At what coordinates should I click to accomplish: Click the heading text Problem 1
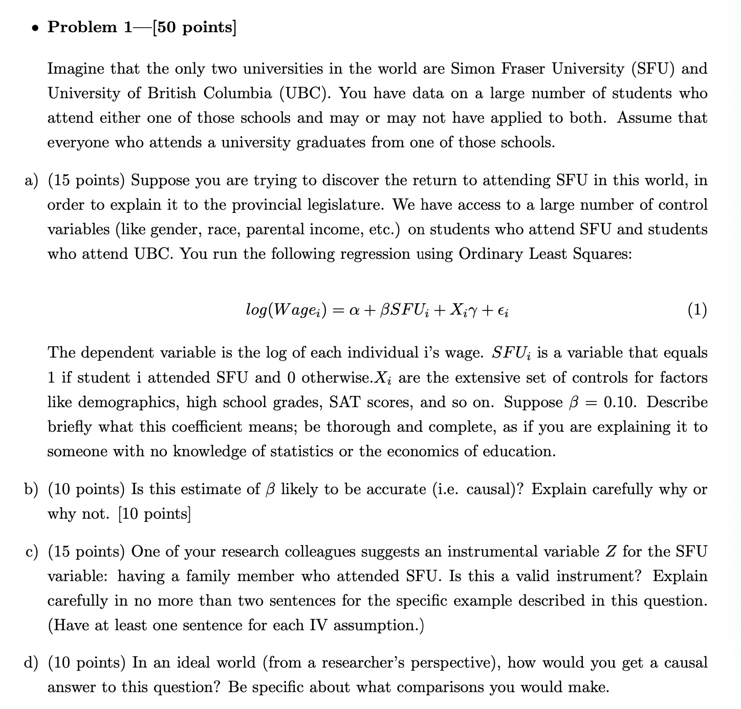click(x=90, y=27)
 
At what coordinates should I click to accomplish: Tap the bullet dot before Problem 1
click(x=34, y=28)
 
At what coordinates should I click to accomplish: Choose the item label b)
click(x=31, y=489)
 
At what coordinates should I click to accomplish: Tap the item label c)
click(x=31, y=551)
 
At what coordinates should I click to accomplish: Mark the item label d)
click(x=31, y=662)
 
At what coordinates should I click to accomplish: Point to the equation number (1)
click(x=697, y=309)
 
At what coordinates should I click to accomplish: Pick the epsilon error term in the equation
click(x=503, y=311)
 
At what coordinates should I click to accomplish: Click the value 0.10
click(x=620, y=402)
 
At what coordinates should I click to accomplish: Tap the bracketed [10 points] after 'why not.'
click(x=155, y=514)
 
